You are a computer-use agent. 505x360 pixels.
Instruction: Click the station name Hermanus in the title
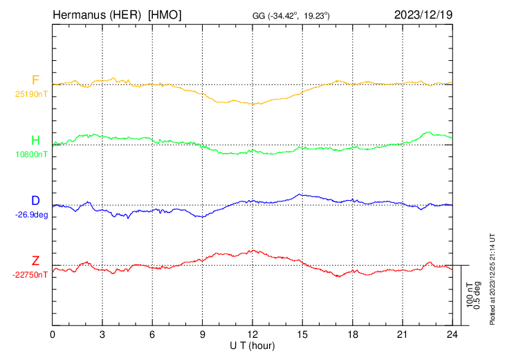75,15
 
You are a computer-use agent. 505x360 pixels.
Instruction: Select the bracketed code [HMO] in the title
165,15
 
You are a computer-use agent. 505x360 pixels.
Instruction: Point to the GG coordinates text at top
291,15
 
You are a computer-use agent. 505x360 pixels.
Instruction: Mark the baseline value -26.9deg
32,215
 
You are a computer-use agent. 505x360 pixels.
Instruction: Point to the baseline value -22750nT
30,275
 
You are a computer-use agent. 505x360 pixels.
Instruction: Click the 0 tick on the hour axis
53,334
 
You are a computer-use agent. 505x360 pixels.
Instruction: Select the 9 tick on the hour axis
203,334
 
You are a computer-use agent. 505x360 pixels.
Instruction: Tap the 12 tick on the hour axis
252,334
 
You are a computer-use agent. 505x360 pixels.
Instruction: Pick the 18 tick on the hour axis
353,334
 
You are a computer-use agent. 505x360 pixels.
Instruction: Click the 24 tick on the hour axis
452,334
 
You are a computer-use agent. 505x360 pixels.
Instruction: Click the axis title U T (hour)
252,345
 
